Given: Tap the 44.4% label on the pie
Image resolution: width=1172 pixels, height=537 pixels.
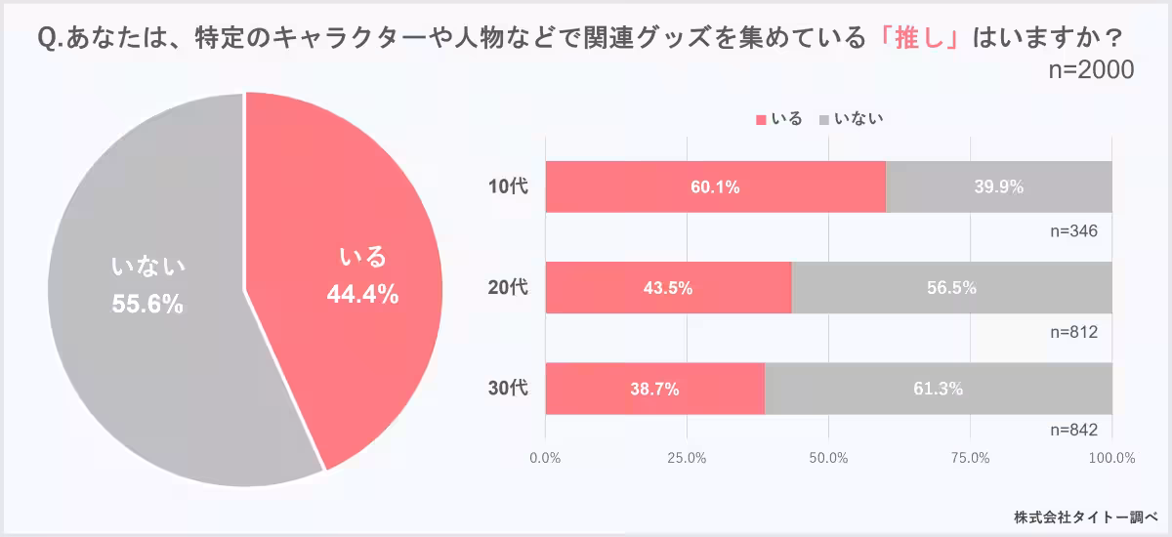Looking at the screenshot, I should tap(361, 294).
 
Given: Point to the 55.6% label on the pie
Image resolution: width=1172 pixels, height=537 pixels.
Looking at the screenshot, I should tap(147, 304).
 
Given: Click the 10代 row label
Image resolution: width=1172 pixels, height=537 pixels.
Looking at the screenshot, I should tap(508, 186).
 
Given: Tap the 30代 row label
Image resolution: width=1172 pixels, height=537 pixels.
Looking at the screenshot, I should tap(508, 389).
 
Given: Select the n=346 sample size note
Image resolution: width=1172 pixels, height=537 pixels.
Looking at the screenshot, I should tap(1074, 231).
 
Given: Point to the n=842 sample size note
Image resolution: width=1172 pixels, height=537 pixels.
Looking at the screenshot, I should tap(1074, 431).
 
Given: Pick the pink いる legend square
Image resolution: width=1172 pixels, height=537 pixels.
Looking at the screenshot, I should tap(762, 120).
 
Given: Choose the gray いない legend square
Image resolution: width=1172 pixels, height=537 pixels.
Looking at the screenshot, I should tap(823, 120).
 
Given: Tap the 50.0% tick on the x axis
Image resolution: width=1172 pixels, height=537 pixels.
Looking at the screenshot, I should tap(828, 457).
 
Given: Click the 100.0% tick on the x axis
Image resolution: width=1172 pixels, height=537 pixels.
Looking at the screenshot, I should tap(1111, 457).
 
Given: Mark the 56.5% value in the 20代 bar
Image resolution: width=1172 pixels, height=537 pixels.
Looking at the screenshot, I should tap(951, 287).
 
